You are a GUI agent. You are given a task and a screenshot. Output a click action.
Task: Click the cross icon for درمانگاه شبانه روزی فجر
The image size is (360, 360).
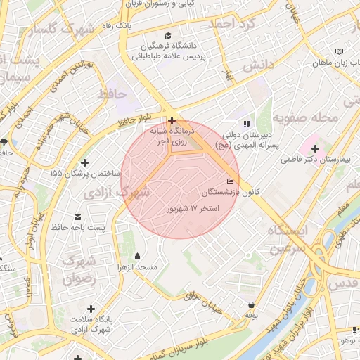pos(172,120)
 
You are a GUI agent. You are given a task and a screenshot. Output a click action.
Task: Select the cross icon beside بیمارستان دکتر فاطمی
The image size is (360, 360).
pos(315,148)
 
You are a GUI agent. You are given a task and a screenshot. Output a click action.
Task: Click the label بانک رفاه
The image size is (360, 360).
pos(114,25)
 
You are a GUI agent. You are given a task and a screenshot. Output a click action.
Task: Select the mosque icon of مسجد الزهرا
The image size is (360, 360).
pos(137,256)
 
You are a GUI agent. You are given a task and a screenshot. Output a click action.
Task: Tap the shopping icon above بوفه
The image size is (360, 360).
pos(250,304)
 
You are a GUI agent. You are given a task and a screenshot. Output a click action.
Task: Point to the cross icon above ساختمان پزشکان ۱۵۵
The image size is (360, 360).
pos(85,162)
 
